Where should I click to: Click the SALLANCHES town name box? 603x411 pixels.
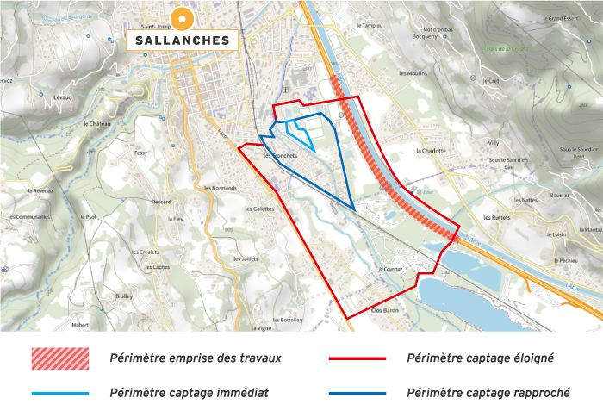pos(182,40)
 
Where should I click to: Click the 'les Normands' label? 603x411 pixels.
pos(219,187)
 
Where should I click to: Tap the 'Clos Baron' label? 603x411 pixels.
pos(387,309)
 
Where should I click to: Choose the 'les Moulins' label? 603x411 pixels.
pos(413,73)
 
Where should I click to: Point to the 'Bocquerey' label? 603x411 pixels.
pos(426,37)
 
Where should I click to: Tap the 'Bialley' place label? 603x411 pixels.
pos(123,296)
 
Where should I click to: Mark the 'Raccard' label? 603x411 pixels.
pos(162,202)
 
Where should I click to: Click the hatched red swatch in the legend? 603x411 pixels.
pos(60,357)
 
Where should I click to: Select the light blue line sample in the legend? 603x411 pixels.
pos(60,393)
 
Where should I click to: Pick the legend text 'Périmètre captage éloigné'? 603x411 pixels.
pos(480,357)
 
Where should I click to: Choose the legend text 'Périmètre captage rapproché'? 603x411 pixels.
pos(487,393)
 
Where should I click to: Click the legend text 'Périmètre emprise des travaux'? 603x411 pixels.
pos(196,357)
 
